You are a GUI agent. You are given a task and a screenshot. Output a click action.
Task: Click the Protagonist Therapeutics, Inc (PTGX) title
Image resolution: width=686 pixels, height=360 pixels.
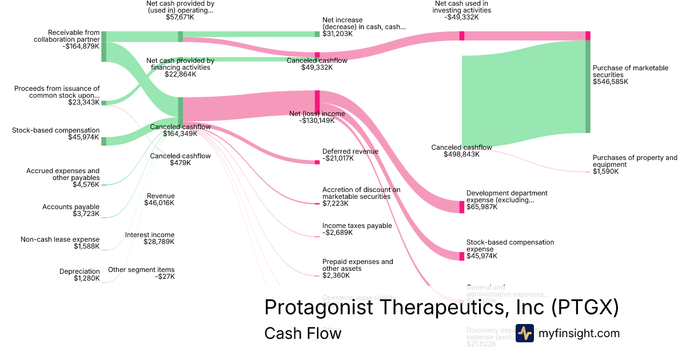[441, 307]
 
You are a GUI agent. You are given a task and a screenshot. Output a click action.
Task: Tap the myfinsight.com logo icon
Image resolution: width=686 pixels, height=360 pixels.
[524, 333]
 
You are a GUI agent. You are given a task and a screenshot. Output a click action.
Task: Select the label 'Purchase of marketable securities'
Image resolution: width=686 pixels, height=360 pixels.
[630, 71]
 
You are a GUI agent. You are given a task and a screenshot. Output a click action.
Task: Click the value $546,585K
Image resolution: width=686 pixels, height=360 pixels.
[610, 82]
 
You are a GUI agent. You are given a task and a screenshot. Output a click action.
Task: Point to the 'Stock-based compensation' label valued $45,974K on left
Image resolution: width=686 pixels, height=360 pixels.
[55, 130]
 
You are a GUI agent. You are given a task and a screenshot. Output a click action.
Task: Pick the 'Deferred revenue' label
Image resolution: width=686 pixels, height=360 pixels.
[350, 151]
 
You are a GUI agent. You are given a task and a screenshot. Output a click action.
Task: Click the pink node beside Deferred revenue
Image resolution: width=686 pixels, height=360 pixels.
[317, 162]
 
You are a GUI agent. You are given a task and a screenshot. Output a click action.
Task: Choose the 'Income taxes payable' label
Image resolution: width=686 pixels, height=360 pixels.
[357, 226]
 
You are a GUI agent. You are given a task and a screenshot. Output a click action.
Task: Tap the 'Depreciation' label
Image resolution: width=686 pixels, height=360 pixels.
[79, 271]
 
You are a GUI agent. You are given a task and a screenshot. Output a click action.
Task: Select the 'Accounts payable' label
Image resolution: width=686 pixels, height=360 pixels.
[71, 207]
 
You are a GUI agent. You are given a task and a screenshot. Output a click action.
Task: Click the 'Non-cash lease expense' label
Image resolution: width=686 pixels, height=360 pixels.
[60, 239]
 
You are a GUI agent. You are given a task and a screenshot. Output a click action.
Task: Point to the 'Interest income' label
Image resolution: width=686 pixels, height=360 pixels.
[150, 235]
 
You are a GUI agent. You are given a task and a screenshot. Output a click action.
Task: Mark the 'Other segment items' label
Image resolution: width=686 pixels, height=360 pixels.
[141, 270]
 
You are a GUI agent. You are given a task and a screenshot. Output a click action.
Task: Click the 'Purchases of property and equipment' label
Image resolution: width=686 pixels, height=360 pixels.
[635, 161]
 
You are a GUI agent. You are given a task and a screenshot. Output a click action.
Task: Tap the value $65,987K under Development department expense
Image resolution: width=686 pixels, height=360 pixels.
[481, 207]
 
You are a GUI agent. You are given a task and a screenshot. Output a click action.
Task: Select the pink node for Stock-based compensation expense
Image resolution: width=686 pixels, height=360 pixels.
[462, 256]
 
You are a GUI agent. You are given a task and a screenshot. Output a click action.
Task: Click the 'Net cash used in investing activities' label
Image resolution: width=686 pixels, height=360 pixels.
[462, 7]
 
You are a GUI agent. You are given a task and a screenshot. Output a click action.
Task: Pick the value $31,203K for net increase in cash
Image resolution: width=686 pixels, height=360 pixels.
[337, 34]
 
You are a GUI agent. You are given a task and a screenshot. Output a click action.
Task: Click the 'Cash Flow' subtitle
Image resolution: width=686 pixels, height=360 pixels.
[302, 333]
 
